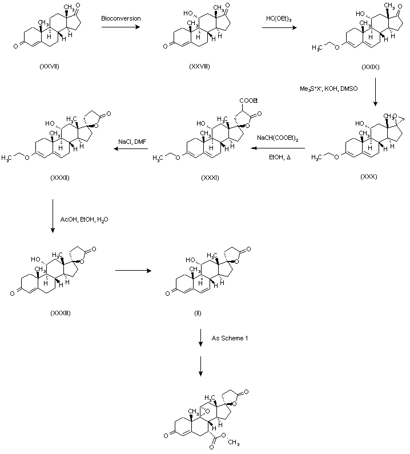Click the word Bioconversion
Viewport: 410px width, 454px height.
121,19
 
